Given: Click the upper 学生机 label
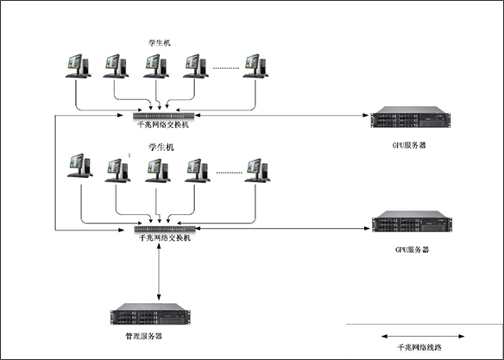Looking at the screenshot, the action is (x=160, y=43).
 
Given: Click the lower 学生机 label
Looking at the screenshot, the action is (x=161, y=148).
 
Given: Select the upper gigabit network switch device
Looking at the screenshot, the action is (x=164, y=116).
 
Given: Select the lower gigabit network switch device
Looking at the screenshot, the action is (x=165, y=229).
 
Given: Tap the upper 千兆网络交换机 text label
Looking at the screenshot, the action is (x=163, y=124).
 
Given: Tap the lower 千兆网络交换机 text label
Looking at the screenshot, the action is (x=165, y=238).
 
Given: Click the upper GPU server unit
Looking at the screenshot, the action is (x=411, y=117).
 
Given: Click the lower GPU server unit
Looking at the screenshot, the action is (x=412, y=222).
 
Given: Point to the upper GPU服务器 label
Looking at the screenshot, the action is (x=409, y=145).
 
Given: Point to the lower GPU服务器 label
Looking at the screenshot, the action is (x=412, y=249).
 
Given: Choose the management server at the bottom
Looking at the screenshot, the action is (x=150, y=313).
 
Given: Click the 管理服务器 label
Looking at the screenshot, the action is (x=143, y=337).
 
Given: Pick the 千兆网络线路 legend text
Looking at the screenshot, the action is (x=419, y=347).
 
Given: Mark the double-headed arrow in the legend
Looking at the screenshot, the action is (x=423, y=337).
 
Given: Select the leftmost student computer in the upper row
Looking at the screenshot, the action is (x=79, y=66).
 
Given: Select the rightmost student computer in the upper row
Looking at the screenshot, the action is (x=255, y=66).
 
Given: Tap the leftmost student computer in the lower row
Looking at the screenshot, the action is (x=80, y=166).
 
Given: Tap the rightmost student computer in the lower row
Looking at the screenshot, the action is (x=257, y=171).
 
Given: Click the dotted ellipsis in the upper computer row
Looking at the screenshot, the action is (x=226, y=68).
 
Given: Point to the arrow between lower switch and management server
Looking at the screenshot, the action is (x=159, y=272).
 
